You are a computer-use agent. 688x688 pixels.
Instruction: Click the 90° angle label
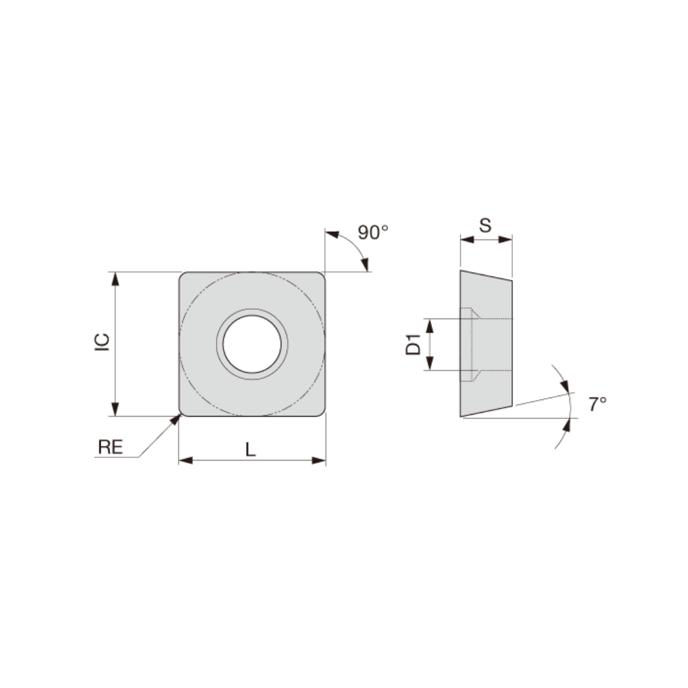373,233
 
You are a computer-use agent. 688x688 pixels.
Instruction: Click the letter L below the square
250,450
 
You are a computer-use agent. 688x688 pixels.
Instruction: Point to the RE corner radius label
110,447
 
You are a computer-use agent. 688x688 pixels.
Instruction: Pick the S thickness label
485,225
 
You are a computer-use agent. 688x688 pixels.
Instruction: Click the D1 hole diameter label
414,344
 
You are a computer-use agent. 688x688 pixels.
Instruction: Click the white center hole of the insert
252,344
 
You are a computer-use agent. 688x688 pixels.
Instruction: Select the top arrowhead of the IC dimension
115,278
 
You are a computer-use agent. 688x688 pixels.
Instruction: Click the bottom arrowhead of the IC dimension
115,410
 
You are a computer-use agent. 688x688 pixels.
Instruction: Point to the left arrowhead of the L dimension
185,460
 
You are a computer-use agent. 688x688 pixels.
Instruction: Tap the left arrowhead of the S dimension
466,240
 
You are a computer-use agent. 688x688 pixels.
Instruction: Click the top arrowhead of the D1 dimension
429,325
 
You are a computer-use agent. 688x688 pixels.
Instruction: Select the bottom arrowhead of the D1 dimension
429,364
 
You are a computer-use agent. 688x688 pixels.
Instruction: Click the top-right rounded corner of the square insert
321,276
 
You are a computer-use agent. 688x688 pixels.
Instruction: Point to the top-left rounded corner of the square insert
183,276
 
